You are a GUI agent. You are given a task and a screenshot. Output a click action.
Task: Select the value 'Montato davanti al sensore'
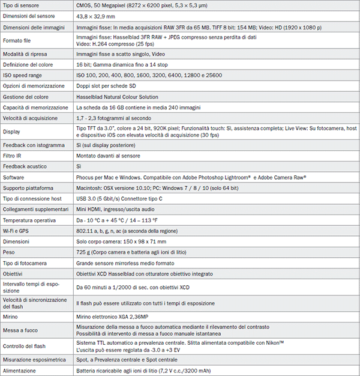pyautogui.click(x=109, y=156)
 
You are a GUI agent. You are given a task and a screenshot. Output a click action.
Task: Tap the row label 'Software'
pyautogui.click(x=14, y=177)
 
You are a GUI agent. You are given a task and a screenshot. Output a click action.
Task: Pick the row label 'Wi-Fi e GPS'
pyautogui.click(x=17, y=231)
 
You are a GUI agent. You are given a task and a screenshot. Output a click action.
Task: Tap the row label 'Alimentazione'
pyautogui.click(x=20, y=371)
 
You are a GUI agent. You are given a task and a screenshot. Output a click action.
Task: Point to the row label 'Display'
pyautogui.click(x=12, y=132)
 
